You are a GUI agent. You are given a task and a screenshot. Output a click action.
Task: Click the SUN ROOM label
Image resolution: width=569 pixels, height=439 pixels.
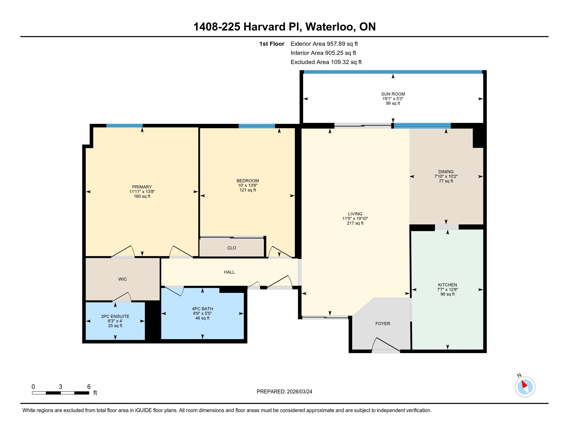point(393,94)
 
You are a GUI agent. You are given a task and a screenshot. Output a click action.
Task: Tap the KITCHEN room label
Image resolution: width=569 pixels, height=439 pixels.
point(447,285)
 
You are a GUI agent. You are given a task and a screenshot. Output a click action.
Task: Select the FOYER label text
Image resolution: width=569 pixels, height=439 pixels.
point(383,324)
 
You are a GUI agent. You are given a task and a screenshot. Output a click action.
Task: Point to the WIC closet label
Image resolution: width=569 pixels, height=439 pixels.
point(122,279)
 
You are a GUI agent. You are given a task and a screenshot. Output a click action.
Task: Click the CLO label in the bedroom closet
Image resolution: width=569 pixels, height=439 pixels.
point(232,248)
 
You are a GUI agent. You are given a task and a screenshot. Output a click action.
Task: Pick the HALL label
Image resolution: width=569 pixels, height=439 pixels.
point(229,272)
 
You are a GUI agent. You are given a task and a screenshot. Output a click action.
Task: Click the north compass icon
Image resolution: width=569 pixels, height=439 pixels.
point(525,387)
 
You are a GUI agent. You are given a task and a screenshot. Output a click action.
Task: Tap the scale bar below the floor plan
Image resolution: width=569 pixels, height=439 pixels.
point(61,393)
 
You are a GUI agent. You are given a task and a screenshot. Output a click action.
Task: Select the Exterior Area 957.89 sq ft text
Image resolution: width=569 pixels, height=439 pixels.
point(324,44)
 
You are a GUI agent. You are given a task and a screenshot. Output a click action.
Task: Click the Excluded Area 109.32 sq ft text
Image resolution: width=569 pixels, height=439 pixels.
point(326,62)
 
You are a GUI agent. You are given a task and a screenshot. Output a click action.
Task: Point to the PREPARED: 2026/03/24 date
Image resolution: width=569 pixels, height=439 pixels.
point(284,391)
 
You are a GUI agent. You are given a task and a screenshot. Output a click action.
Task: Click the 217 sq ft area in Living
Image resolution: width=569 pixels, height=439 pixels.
point(355,223)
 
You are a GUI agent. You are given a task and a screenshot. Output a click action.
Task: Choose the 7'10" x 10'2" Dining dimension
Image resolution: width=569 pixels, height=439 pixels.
point(446,176)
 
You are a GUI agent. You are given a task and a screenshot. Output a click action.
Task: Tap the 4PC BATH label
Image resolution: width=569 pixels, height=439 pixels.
point(203,309)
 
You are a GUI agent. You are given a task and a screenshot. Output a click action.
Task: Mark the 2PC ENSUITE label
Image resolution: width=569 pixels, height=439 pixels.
point(115,316)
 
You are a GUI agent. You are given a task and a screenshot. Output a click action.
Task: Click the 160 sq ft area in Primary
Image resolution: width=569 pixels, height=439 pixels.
point(142,196)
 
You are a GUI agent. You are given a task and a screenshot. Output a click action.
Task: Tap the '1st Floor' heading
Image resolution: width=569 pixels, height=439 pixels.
point(272,44)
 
